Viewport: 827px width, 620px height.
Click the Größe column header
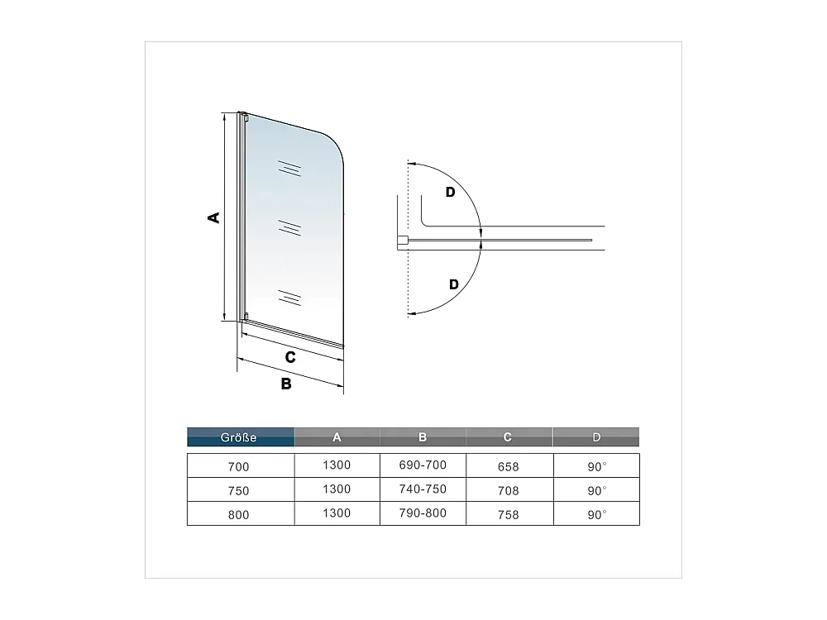(240, 437)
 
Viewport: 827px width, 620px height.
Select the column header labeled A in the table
(337, 437)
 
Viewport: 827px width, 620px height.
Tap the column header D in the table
(596, 437)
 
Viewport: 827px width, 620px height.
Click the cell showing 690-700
(423, 465)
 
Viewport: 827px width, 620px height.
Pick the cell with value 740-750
(423, 489)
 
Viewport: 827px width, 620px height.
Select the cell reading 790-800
(423, 513)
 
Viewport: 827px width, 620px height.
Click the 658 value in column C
(509, 466)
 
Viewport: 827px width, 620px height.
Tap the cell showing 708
(509, 490)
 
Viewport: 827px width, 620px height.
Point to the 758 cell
(509, 514)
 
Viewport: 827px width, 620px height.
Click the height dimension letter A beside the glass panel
(213, 217)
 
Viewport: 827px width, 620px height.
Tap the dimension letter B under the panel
(285, 384)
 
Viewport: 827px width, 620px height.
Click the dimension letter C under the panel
(290, 357)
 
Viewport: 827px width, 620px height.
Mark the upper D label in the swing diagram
(450, 193)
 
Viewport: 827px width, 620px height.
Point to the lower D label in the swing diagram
(453, 284)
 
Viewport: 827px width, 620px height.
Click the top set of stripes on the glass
(288, 168)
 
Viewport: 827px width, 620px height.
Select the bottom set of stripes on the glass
(289, 296)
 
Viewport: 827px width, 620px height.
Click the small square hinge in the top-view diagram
(403, 241)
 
